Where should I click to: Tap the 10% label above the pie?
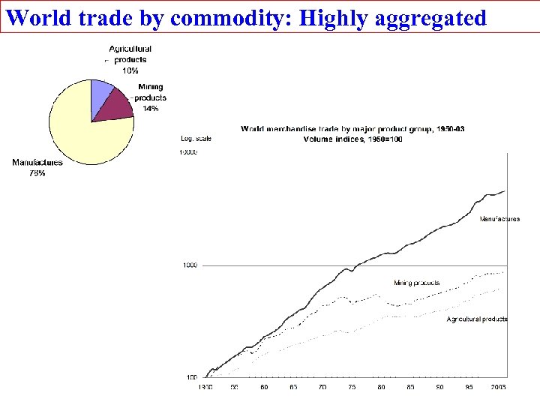(x=130, y=70)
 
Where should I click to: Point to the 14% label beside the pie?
(x=150, y=109)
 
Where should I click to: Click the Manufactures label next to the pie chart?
(x=37, y=162)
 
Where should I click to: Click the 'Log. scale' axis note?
(x=196, y=138)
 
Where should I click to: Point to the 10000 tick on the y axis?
(x=187, y=152)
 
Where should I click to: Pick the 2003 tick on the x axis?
(x=498, y=388)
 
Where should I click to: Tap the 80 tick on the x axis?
(x=381, y=388)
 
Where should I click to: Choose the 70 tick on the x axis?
(x=322, y=388)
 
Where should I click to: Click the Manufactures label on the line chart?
(x=499, y=219)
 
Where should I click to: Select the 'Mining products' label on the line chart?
(x=417, y=283)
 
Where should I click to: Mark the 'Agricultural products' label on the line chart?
(x=478, y=319)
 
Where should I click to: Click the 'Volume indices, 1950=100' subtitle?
(x=352, y=139)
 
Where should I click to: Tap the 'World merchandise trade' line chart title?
(x=352, y=129)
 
